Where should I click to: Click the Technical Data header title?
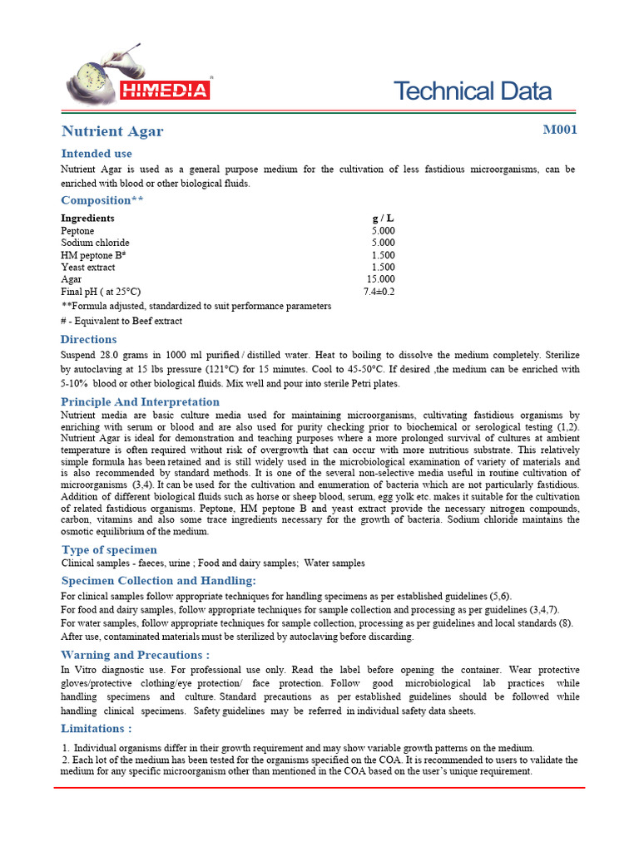472,91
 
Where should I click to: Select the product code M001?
559,130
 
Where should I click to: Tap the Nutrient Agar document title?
112,131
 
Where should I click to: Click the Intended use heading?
97,154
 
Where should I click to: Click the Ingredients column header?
87,218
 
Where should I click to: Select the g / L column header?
383,218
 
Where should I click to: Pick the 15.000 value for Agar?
380,280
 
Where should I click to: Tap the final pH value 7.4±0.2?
379,292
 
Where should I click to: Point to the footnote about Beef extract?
121,321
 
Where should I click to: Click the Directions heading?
89,339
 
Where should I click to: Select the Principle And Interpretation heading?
140,402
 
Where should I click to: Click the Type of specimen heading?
109,549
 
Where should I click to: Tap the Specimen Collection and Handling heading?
158,580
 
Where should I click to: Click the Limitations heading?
96,729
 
